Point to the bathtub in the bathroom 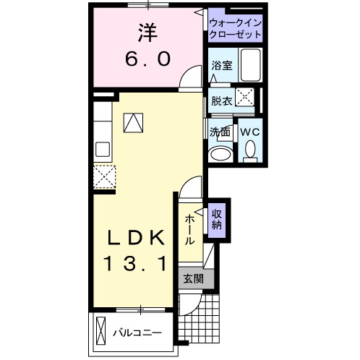pos(251,66)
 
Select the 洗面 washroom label pos(220,132)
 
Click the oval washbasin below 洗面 pos(217,155)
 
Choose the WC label pos(250,132)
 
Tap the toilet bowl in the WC pos(250,150)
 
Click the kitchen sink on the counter pos(103,150)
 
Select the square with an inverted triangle pos(133,122)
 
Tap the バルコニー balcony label pos(137,333)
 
